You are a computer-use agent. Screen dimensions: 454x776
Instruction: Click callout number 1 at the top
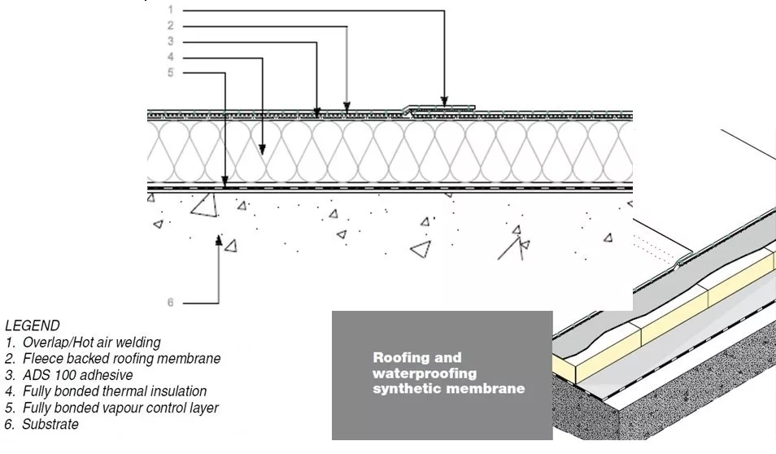pos(170,10)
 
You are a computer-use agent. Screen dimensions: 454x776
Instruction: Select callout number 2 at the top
pos(170,25)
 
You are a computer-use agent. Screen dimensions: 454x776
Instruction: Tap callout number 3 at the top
pos(170,41)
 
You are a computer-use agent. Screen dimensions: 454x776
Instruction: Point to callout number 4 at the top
pos(170,57)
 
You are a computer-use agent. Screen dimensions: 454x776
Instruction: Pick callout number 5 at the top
pos(170,72)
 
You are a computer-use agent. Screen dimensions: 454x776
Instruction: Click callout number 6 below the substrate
pos(170,303)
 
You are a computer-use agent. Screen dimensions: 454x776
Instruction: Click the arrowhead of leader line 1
pos(444,101)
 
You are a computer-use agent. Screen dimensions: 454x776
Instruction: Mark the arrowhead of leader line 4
pos(263,149)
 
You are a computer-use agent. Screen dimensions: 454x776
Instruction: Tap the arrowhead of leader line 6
pos(219,238)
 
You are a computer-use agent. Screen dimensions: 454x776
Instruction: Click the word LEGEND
pos(32,325)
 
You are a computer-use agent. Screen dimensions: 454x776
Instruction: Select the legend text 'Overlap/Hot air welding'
pos(91,342)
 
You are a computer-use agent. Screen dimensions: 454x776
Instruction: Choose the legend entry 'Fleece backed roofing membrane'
pos(121,358)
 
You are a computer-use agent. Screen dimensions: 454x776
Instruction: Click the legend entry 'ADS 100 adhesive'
pos(77,375)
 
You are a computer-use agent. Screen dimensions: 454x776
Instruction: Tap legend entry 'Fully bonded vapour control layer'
pos(120,408)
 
